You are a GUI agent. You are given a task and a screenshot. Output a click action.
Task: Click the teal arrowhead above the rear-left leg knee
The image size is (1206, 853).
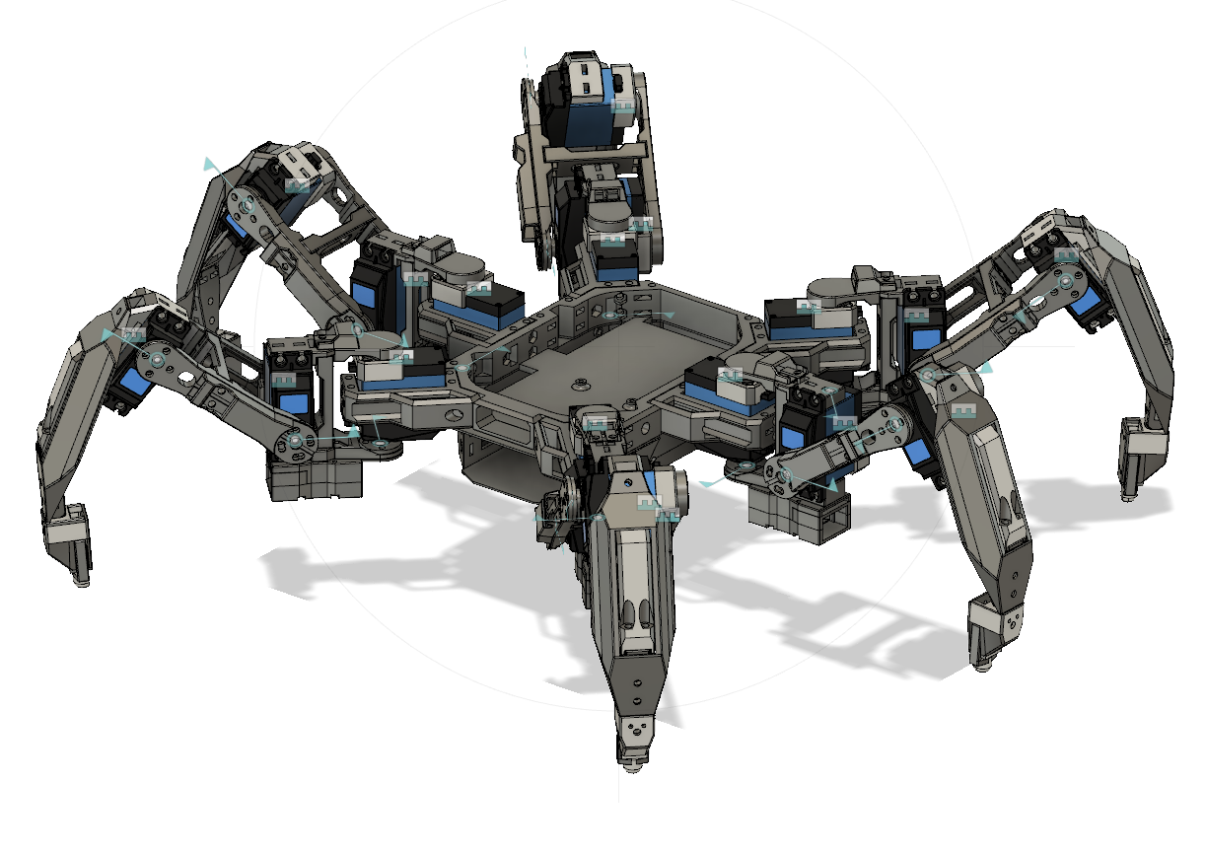click(x=208, y=163)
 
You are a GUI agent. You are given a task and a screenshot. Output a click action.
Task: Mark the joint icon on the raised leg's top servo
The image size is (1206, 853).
click(x=621, y=104)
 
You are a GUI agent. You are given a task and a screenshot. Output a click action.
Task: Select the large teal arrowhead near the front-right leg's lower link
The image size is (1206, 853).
click(x=830, y=483)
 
